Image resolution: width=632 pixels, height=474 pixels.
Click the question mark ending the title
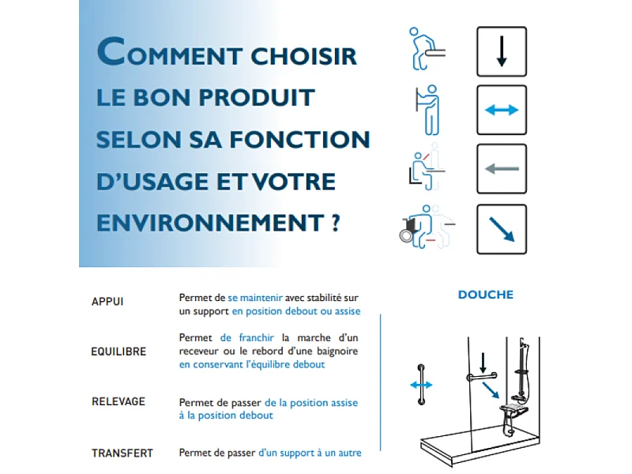pyautogui.click(x=336, y=223)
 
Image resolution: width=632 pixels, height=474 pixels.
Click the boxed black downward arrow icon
pyautogui.click(x=501, y=51)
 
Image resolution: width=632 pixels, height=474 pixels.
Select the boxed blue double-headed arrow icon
pyautogui.click(x=501, y=110)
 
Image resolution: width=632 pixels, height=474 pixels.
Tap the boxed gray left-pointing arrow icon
pyautogui.click(x=501, y=168)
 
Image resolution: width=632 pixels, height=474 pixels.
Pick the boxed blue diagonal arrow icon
pyautogui.click(x=501, y=228)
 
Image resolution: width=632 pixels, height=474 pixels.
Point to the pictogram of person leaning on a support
pyautogui.click(x=427, y=49)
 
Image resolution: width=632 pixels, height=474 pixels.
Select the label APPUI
pyautogui.click(x=107, y=302)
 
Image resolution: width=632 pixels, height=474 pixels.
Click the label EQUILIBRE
pyautogui.click(x=118, y=352)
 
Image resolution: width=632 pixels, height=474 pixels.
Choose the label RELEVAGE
pyautogui.click(x=118, y=401)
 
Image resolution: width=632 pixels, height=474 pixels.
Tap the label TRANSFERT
pyautogui.click(x=122, y=453)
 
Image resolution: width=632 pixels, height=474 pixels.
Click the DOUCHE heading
pyautogui.click(x=485, y=295)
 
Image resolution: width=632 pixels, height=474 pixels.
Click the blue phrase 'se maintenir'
pyautogui.click(x=254, y=298)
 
